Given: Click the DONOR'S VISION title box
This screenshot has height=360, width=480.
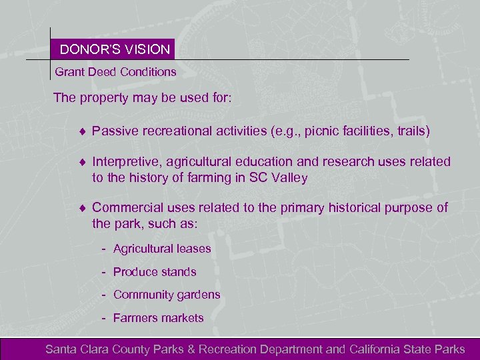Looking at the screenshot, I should pyautogui.click(x=115, y=49).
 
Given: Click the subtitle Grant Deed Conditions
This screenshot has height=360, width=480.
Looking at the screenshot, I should pyautogui.click(x=115, y=71).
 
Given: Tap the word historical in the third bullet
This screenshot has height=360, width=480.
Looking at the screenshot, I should pyautogui.click(x=353, y=208).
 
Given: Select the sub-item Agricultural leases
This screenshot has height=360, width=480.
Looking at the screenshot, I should pyautogui.click(x=162, y=249).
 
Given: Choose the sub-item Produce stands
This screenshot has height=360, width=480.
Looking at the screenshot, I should pyautogui.click(x=155, y=272).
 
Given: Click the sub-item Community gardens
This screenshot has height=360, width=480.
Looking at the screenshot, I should pyautogui.click(x=167, y=295).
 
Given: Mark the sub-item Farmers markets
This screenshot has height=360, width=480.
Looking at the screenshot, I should pyautogui.click(x=159, y=318).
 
